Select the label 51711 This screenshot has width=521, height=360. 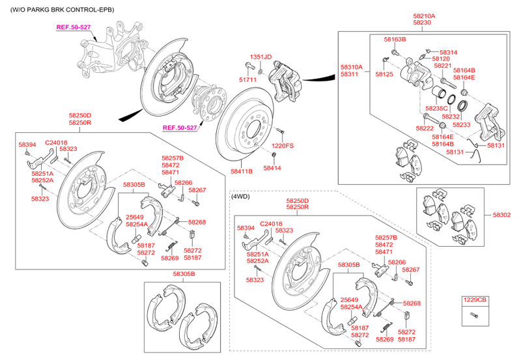(247, 79)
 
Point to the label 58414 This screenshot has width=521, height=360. (272, 168)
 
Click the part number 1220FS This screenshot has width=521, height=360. (283, 145)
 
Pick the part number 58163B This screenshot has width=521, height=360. (394, 40)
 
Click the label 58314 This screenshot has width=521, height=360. (448, 52)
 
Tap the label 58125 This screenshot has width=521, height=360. (384, 75)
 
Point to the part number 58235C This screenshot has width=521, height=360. (436, 108)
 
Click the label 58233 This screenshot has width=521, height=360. (461, 124)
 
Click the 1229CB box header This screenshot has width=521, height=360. (474, 300)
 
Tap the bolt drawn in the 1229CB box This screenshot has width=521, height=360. (473, 316)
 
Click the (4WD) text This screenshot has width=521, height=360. (240, 196)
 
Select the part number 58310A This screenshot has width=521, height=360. (351, 67)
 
